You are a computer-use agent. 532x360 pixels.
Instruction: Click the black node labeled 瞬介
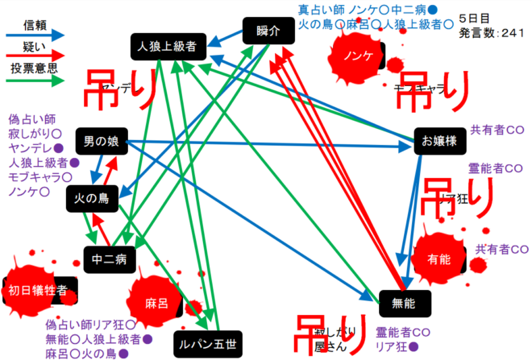pyautogui.click(x=267, y=31)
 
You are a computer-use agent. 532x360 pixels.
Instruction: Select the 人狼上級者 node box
pyautogui.click(x=167, y=47)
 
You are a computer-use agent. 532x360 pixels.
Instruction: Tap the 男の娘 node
pyautogui.click(x=102, y=143)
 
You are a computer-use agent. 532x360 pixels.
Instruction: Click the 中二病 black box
pyautogui.click(x=109, y=259)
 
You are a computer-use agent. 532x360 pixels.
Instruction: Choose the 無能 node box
pyautogui.click(x=401, y=302)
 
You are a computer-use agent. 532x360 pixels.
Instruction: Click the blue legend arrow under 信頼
pyautogui.click(x=35, y=35)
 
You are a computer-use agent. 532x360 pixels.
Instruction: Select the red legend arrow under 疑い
pyautogui.click(x=35, y=57)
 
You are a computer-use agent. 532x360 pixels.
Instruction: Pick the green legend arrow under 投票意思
pyautogui.click(x=35, y=81)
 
